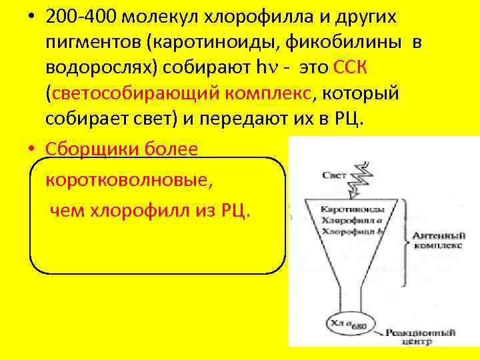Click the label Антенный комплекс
tap(437, 240)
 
